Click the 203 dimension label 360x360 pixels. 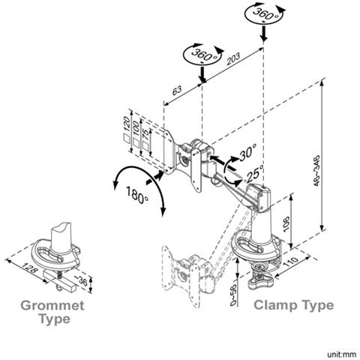click(x=233, y=58)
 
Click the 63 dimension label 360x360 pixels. click(x=177, y=90)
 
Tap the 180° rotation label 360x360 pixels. click(x=136, y=195)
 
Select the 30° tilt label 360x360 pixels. click(x=248, y=152)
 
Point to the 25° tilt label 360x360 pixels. click(x=255, y=173)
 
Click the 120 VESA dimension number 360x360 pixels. click(x=127, y=124)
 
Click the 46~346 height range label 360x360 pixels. click(x=316, y=171)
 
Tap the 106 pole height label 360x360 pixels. click(x=286, y=223)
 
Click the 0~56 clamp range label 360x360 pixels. click(x=233, y=295)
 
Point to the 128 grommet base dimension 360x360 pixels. click(x=29, y=267)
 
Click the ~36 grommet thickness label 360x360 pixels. click(x=81, y=281)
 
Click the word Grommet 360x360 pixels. click(x=52, y=305)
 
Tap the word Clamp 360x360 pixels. click(x=276, y=305)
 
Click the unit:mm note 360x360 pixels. click(x=341, y=354)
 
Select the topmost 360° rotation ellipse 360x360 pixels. click(x=265, y=14)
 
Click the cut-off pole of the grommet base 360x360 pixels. click(x=61, y=238)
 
